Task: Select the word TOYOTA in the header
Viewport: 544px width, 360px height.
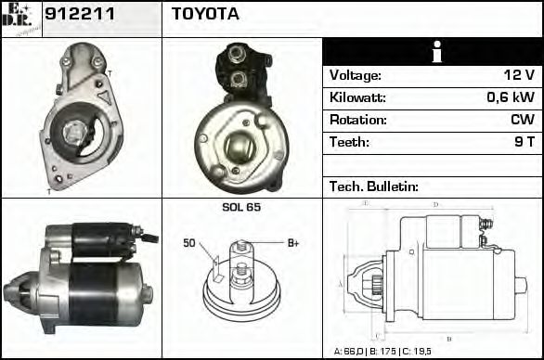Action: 205,14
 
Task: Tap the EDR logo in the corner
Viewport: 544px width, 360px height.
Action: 20,19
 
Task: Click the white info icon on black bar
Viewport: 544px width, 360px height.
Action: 433,52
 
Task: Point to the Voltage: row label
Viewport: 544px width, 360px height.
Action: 356,75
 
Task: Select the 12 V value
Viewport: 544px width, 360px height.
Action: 520,75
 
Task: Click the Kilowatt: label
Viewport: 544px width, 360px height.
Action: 357,97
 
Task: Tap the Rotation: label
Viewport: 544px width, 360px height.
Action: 357,120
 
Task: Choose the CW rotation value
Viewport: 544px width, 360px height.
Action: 523,120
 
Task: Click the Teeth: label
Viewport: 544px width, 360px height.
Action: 350,142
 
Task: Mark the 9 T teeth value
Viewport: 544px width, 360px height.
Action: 524,142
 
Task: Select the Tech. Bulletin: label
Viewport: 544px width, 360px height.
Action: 374,186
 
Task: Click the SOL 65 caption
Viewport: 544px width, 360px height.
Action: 241,207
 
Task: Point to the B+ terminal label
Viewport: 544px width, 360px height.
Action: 292,243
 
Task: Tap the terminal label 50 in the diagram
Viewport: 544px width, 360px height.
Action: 189,243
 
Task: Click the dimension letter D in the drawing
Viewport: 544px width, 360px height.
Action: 435,204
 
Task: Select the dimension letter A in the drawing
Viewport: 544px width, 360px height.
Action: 340,283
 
